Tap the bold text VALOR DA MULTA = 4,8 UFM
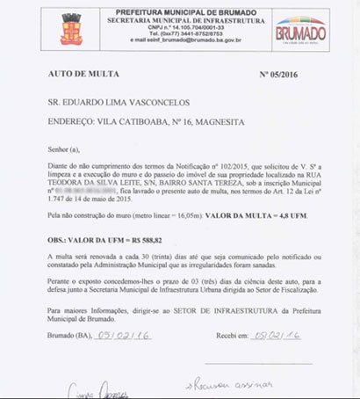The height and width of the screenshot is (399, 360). pyautogui.click(x=257, y=214)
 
